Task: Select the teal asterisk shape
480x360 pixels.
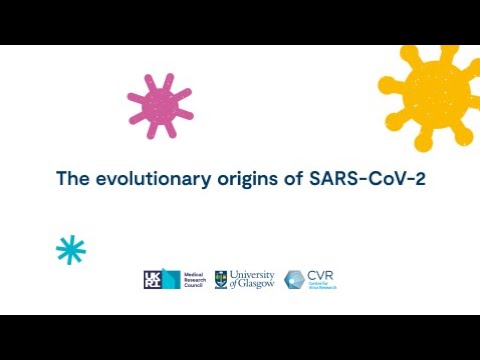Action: coord(71,250)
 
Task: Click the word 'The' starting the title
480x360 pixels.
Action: coord(71,179)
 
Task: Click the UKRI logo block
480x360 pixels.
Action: coord(161,280)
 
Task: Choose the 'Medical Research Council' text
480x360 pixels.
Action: coord(195,280)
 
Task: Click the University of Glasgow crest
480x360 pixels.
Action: coord(220,280)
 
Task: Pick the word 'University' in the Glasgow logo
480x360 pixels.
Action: coord(253,274)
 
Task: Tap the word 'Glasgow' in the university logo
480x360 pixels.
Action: coord(257,285)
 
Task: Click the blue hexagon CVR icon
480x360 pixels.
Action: coord(295,280)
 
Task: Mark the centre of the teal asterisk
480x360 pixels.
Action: coord(71,250)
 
